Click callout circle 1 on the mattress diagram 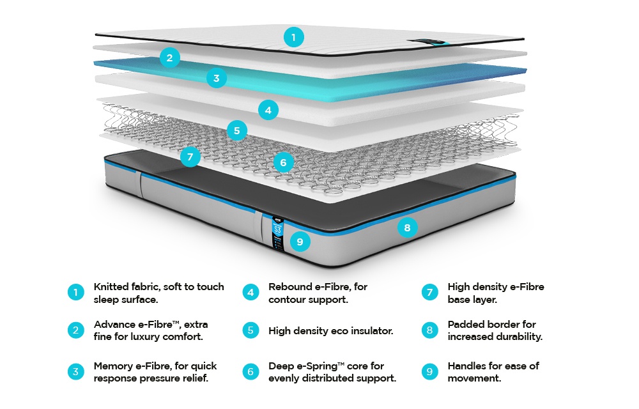(293, 38)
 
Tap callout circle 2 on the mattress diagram (169, 58)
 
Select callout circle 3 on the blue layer (217, 79)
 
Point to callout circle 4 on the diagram (268, 110)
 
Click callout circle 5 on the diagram (237, 131)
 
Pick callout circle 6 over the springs (283, 162)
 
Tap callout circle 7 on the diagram (190, 156)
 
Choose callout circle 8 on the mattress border (408, 227)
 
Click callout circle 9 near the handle (300, 242)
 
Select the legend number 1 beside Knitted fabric (75, 293)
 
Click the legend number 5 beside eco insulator (251, 330)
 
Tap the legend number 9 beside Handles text (430, 371)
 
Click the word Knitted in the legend (111, 286)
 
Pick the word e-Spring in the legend (320, 366)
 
